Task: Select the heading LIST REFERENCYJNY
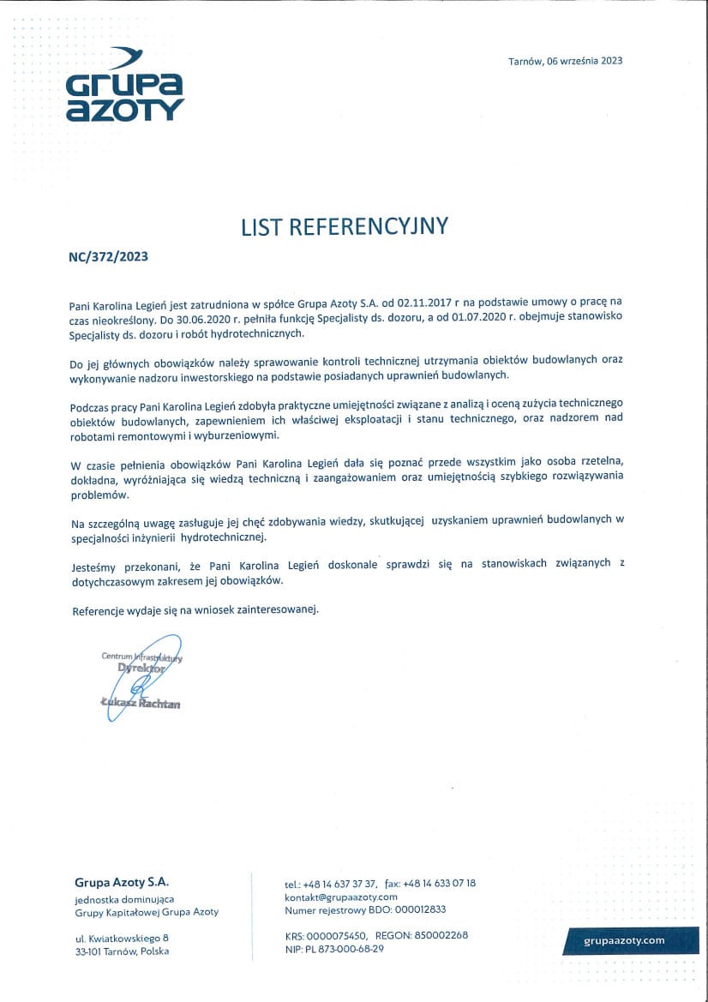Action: (345, 226)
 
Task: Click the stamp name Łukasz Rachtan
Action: (141, 704)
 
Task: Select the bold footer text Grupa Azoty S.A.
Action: (122, 882)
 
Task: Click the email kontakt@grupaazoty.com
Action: (340, 897)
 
